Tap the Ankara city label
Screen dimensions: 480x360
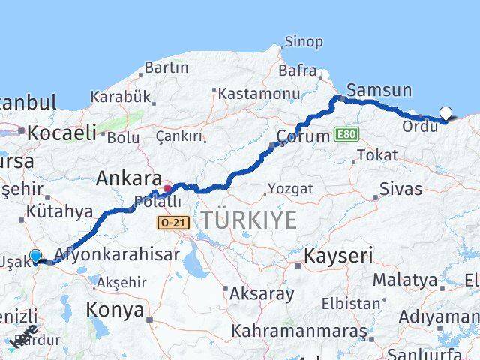pyautogui.click(x=129, y=179)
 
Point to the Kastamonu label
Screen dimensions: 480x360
pyautogui.click(x=248, y=93)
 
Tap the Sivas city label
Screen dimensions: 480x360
pyautogui.click(x=400, y=188)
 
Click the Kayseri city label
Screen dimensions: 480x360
pyautogui.click(x=338, y=256)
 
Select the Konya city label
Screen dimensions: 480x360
pyautogui.click(x=115, y=309)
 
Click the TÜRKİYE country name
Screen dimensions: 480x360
pyautogui.click(x=248, y=220)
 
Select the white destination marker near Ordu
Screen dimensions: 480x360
pyautogui.click(x=446, y=114)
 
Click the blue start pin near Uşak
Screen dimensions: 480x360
pyautogui.click(x=34, y=256)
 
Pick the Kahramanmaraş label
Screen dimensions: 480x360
pyautogui.click(x=298, y=331)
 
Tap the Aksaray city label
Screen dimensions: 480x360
pyautogui.click(x=262, y=293)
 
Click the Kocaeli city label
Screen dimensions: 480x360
pyautogui.click(x=62, y=133)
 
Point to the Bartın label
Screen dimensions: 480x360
pyautogui.click(x=166, y=67)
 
